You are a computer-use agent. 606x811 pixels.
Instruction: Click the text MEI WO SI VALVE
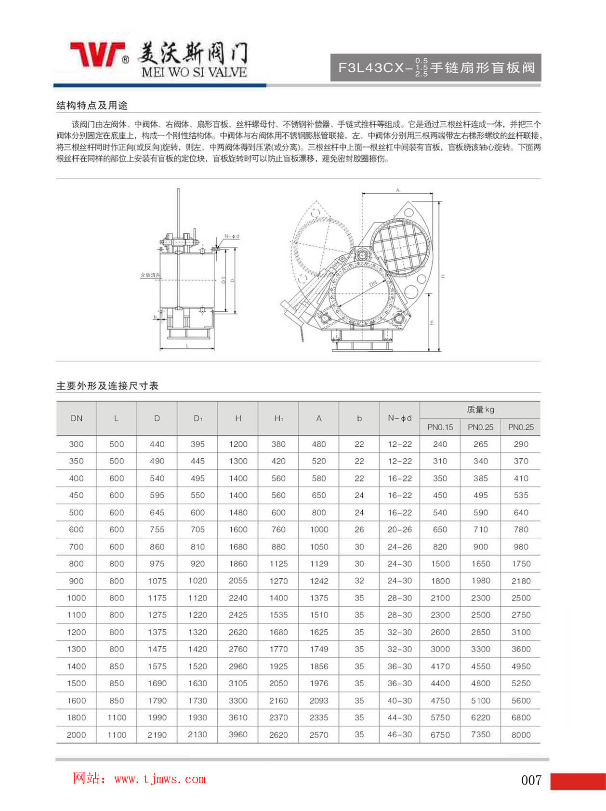click(x=194, y=72)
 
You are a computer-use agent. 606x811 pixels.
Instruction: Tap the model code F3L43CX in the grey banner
click(x=371, y=67)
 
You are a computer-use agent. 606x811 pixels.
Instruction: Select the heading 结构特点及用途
click(x=92, y=105)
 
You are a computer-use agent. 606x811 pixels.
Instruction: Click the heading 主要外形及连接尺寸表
click(x=107, y=386)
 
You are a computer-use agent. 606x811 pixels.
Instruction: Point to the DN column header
click(x=76, y=418)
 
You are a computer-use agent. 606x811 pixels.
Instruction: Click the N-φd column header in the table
click(x=399, y=418)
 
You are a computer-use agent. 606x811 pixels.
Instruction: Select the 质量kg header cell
click(x=480, y=410)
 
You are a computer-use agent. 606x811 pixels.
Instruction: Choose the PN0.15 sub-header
click(x=440, y=427)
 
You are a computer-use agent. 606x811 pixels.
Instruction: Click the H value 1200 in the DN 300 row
click(x=238, y=444)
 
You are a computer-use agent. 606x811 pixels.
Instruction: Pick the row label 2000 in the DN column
click(x=76, y=735)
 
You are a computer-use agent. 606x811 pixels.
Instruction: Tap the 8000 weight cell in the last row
click(x=521, y=735)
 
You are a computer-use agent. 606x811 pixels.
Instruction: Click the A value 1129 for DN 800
click(x=319, y=564)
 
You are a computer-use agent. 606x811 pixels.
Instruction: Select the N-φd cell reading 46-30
click(x=399, y=735)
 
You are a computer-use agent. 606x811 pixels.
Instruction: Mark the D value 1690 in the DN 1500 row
click(x=157, y=683)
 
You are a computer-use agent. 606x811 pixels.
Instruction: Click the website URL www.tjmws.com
click(x=160, y=779)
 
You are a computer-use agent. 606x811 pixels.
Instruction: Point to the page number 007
click(x=531, y=780)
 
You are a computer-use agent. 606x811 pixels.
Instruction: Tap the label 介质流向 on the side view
click(x=150, y=275)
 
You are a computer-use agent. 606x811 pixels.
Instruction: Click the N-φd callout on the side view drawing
click(x=232, y=237)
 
